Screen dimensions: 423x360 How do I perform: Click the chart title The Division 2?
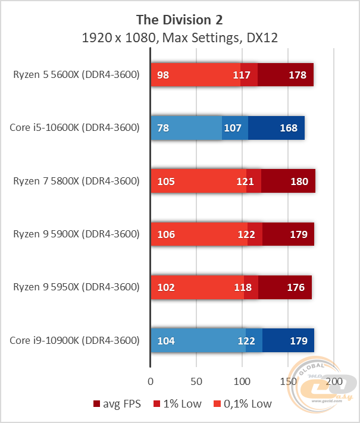coord(180,19)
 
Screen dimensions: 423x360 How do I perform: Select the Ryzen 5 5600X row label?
coord(76,75)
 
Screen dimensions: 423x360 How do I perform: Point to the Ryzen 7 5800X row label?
coord(76,181)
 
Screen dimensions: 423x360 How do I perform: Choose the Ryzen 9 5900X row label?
coord(76,234)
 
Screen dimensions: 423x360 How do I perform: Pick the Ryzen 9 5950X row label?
coord(76,287)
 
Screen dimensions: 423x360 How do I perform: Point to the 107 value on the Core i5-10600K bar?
coord(231,128)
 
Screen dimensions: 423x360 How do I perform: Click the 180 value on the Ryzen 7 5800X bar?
coord(299,181)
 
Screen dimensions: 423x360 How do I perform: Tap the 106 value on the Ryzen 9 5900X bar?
coord(167,234)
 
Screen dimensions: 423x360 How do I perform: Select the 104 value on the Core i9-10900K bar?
coord(167,341)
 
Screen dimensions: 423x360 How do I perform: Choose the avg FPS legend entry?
coord(118,404)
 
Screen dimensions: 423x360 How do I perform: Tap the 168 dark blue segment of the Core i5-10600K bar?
coord(277,128)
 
